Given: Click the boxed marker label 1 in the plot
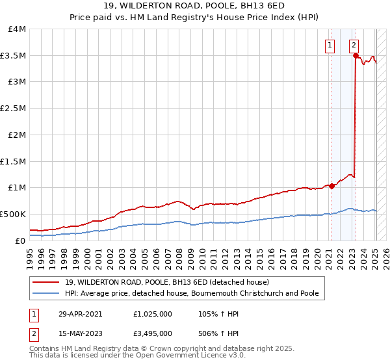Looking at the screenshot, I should point(330,45).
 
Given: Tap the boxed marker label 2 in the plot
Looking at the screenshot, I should point(354,45).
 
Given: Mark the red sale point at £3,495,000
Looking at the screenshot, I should point(356,56).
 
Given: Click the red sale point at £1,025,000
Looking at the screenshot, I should point(331,186).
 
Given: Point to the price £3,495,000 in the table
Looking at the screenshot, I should point(152,334).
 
